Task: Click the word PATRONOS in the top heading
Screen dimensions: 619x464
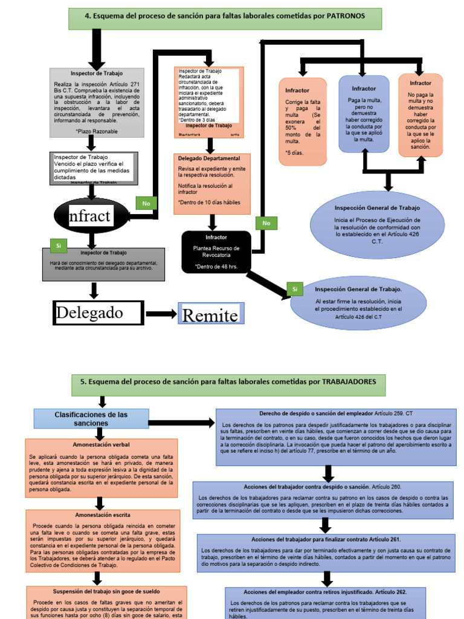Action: click(x=344, y=17)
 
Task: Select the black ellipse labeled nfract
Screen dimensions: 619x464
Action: click(x=91, y=216)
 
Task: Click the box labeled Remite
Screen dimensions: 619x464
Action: click(x=209, y=314)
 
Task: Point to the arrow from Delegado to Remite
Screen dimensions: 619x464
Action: click(x=160, y=313)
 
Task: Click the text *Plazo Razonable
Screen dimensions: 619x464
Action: click(x=97, y=131)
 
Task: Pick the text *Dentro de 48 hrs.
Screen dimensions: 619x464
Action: click(x=216, y=266)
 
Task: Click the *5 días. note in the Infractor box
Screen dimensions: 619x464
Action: click(x=296, y=152)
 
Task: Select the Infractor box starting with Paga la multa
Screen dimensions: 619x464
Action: click(x=364, y=114)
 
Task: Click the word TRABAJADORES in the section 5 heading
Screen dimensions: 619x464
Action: click(x=350, y=381)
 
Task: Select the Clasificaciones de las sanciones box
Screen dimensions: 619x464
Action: click(x=91, y=418)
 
